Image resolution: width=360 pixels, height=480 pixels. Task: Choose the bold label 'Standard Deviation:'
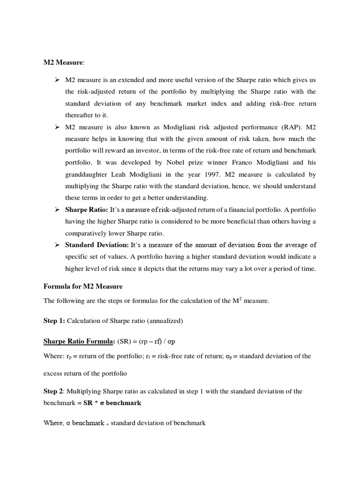tap(97, 245)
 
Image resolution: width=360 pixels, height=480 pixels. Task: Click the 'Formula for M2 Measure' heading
tap(82, 286)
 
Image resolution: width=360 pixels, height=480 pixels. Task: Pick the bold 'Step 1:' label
tap(54, 321)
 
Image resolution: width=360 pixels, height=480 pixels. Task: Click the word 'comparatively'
tap(86, 233)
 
